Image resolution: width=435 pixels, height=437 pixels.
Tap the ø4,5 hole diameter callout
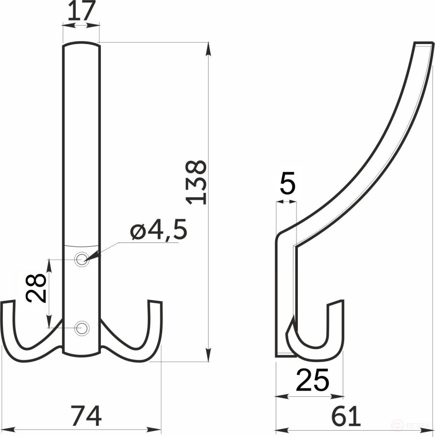(x=159, y=231)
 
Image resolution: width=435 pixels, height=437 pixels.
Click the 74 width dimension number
(x=85, y=416)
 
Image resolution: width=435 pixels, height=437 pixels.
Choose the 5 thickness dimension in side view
(x=288, y=185)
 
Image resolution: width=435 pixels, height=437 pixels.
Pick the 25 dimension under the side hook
(x=312, y=381)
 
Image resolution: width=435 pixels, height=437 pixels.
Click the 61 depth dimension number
(x=345, y=417)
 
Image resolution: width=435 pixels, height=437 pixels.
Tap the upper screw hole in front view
(x=82, y=259)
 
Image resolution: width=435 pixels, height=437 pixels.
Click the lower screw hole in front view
(x=82, y=327)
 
